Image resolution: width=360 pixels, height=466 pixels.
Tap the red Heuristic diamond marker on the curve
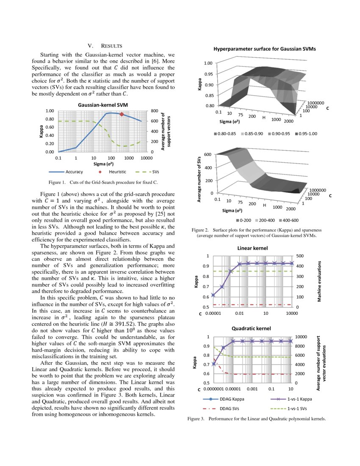122,114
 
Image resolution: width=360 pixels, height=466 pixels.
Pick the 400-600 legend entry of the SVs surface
289,220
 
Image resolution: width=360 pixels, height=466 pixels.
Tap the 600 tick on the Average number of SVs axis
208,154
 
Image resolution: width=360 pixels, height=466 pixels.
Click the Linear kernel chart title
252,248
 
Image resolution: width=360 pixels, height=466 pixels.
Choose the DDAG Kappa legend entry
231,399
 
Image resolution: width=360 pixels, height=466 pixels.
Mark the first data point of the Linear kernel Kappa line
213,295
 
